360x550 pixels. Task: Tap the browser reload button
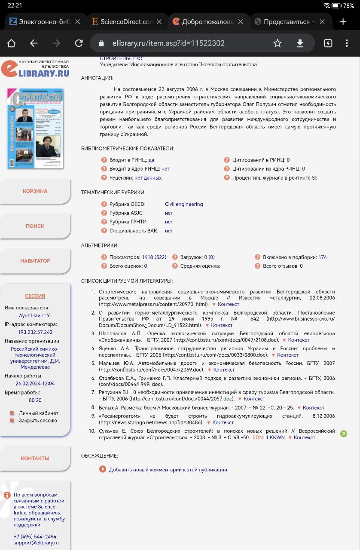tap(79, 43)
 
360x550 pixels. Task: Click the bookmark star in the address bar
tap(278, 43)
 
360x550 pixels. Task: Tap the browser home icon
tap(11, 43)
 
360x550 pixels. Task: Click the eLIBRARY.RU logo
tap(35, 69)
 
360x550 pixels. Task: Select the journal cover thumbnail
tap(35, 128)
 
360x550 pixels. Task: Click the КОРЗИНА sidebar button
tap(35, 191)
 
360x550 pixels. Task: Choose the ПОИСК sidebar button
tap(35, 226)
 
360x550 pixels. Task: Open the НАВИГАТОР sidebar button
tap(35, 261)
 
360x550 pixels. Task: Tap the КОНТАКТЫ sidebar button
tap(35, 458)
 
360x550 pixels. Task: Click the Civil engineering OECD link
tap(184, 205)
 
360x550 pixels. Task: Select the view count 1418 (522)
tap(154, 257)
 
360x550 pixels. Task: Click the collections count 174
tap(323, 257)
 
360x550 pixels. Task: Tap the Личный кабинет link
tap(39, 413)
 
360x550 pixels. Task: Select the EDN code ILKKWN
tap(275, 437)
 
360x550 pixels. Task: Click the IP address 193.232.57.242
tap(35, 332)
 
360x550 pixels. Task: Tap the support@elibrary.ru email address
tap(36, 543)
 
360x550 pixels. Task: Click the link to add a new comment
tap(168, 470)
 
